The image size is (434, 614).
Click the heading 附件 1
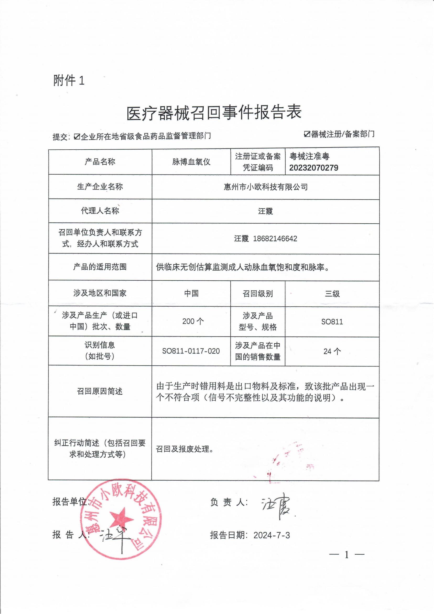(69, 80)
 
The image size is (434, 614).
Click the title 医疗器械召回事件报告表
(214, 113)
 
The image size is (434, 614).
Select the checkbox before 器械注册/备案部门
(307, 134)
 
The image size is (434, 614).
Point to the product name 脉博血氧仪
(191, 162)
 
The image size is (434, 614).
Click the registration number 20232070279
(313, 168)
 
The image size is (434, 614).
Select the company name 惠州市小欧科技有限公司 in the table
(266, 187)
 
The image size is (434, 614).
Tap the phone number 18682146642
(275, 239)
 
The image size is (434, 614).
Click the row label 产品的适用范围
(100, 267)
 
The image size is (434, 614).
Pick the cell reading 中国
(191, 293)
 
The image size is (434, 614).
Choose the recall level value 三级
(332, 294)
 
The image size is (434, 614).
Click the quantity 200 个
(193, 322)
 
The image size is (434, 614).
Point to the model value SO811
(332, 322)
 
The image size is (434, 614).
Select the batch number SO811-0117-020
(191, 351)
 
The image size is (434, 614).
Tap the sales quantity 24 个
(332, 351)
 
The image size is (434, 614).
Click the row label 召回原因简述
(100, 392)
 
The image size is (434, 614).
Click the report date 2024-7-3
(272, 535)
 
